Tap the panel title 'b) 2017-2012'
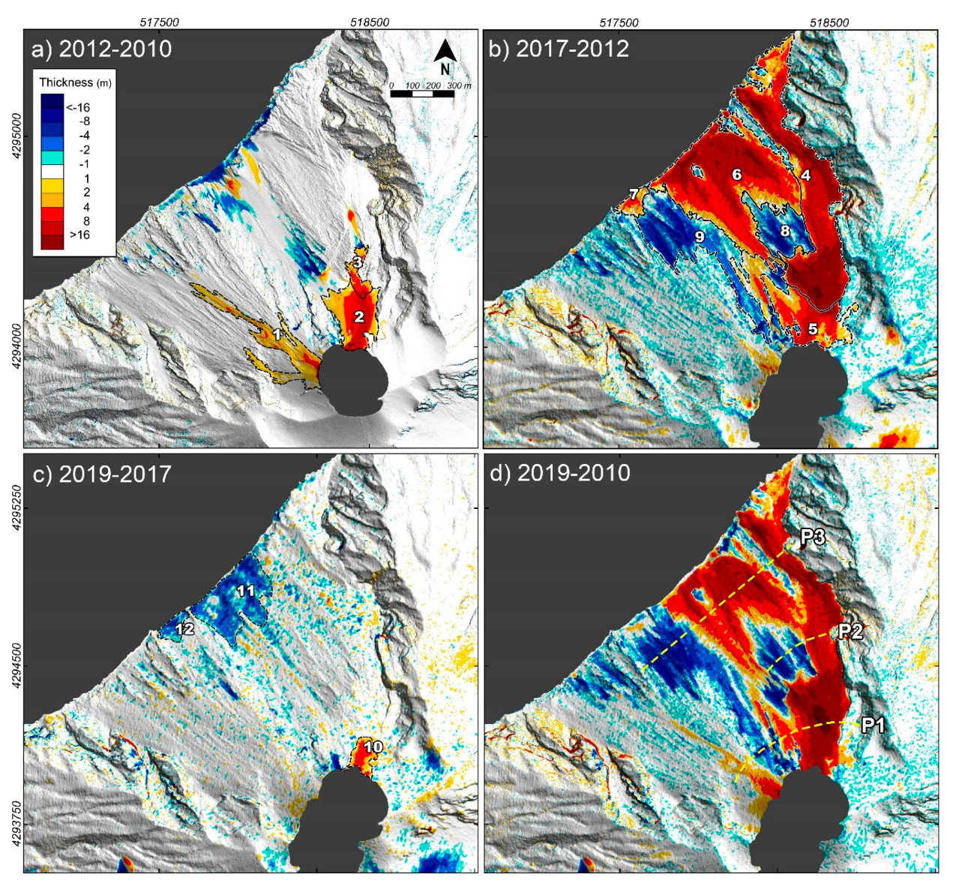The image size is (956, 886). pos(559,49)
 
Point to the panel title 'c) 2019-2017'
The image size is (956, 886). pos(101,474)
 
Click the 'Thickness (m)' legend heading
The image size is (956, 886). pos(75,82)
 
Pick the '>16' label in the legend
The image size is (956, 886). pos(79,235)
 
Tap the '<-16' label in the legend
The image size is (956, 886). pos(77,107)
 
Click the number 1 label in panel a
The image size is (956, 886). pos(277,334)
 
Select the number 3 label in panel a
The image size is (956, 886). pos(358,262)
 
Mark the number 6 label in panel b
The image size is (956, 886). pos(737,175)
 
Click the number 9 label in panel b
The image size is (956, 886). pos(699,237)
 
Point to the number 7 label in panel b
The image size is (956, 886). pos(634,195)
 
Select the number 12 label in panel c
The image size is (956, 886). pos(184,629)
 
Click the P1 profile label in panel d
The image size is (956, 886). pos(873,725)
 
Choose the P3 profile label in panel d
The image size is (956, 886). pos(813,537)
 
